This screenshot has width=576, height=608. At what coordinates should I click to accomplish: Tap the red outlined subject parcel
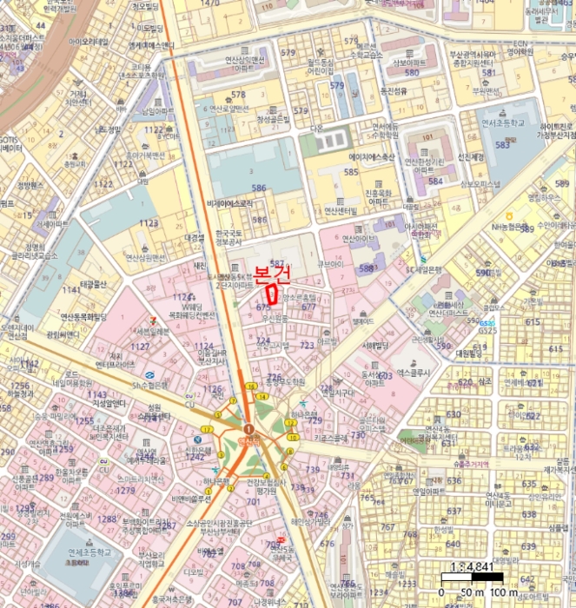pos(275,293)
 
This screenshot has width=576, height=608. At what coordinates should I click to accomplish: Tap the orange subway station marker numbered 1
pos(248,429)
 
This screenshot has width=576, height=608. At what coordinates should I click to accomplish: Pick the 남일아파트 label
pos(158,111)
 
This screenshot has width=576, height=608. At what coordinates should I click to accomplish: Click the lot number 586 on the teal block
pos(259,187)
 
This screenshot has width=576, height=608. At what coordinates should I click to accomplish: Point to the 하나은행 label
pos(217,481)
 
